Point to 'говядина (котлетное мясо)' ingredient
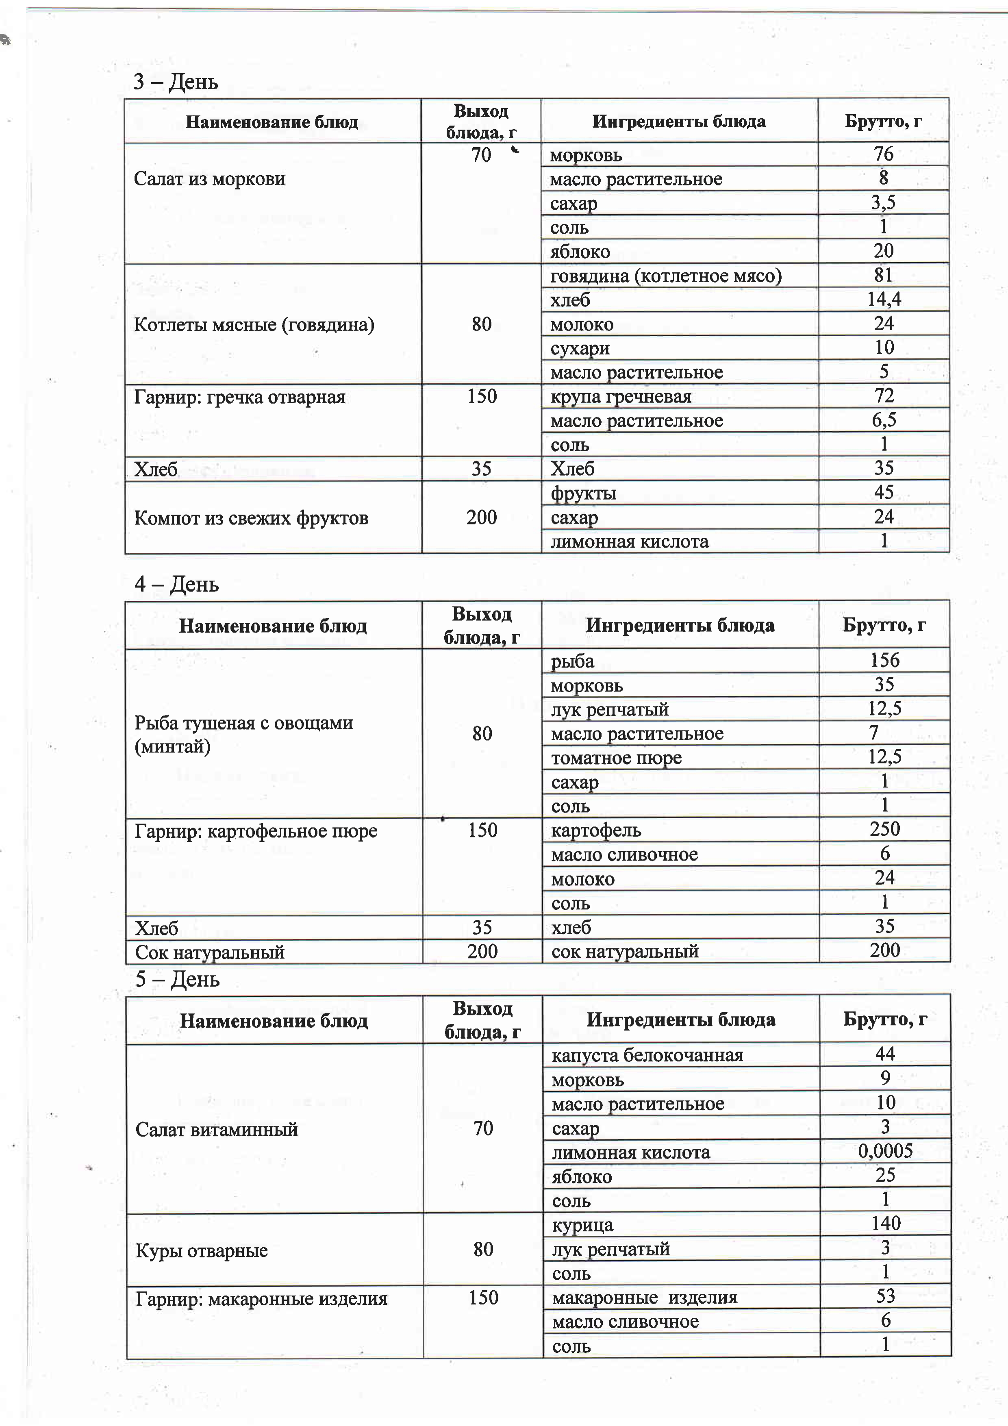click(666, 275)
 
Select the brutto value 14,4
click(884, 299)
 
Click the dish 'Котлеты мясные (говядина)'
click(254, 324)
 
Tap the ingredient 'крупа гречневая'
click(621, 396)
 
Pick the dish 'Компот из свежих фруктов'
click(251, 517)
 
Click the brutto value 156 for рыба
click(884, 660)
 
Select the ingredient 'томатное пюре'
click(616, 758)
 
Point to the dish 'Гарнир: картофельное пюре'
click(256, 831)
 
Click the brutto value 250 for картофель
click(884, 829)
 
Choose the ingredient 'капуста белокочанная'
click(647, 1055)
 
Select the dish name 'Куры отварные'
click(202, 1250)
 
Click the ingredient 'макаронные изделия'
click(645, 1298)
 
